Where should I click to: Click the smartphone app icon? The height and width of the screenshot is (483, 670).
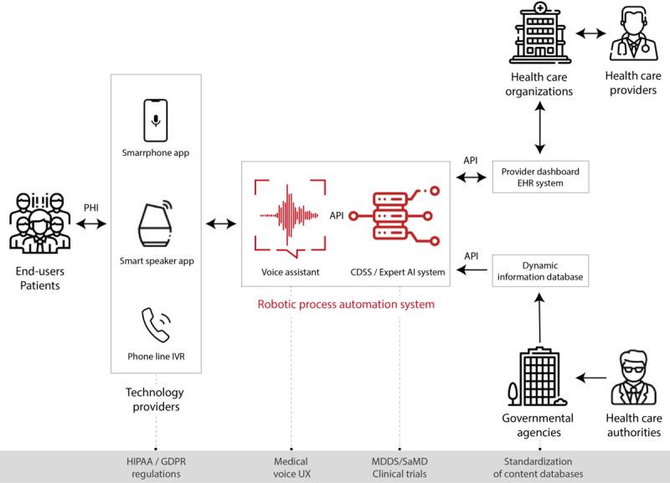click(156, 120)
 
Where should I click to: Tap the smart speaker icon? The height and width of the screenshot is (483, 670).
click(156, 224)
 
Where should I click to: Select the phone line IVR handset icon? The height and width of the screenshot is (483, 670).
click(156, 326)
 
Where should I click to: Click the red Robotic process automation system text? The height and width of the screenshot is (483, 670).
click(346, 305)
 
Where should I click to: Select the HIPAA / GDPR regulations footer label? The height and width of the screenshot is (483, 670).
click(156, 467)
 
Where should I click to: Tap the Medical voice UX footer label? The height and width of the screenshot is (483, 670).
click(291, 467)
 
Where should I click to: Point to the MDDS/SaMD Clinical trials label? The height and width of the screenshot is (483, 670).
click(399, 467)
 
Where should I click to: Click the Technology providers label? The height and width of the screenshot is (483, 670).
click(156, 399)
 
